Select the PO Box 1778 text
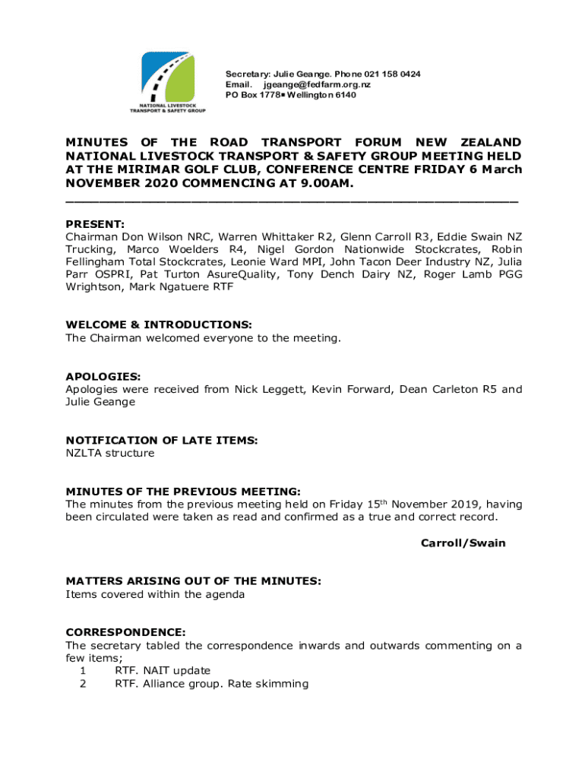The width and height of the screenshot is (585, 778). coord(255,95)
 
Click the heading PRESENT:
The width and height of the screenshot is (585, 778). coord(95,224)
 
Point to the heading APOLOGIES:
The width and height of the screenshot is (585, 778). coord(103,376)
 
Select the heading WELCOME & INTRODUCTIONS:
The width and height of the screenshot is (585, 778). coord(159,324)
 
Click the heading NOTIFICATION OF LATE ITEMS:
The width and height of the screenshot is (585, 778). coord(162,440)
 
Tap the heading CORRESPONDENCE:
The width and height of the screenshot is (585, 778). coord(125,632)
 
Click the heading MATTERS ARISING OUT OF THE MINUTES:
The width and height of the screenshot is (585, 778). coord(193,581)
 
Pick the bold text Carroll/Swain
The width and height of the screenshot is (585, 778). coord(463,543)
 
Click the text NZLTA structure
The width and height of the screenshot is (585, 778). coord(110,454)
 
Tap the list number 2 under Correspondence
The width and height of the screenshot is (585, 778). coord(83,684)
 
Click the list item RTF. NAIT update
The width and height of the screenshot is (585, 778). coord(163,671)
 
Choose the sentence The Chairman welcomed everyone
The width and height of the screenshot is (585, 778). coord(203,338)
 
